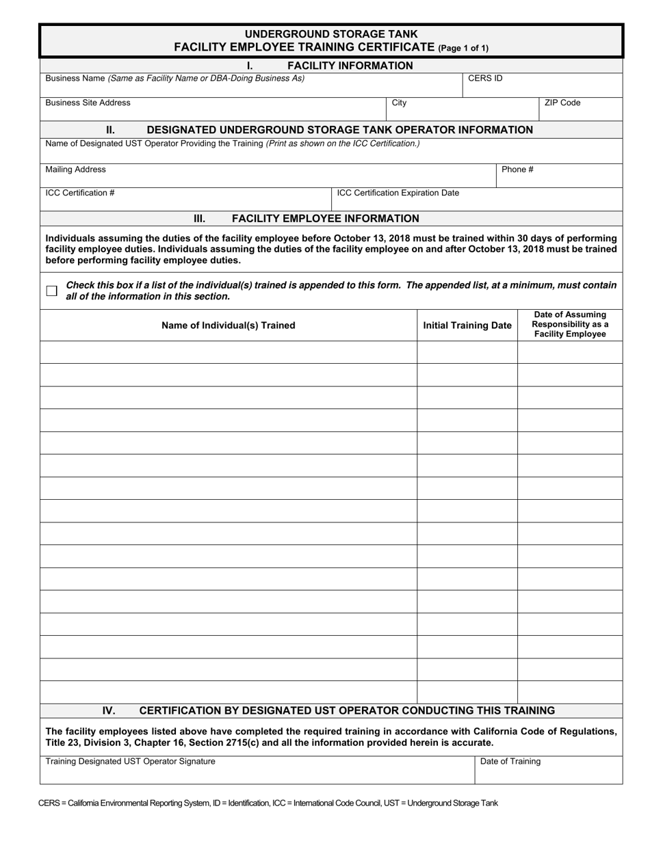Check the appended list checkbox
pos(51,291)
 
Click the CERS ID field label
pos(485,79)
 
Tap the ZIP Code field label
pos(562,103)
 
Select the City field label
pos(399,103)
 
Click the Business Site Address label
pos(88,103)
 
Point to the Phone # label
pos(517,170)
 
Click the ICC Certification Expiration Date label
pos(398,193)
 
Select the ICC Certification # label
pos(80,193)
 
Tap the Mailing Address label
pos(75,170)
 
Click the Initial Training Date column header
pos(467,325)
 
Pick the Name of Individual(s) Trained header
pos(229,325)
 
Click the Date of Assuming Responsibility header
pos(570,325)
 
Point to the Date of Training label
pos(510,762)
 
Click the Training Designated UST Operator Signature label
pos(130,762)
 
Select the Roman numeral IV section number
pos(109,710)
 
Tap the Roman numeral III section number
pos(199,219)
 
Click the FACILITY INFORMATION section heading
pos(350,66)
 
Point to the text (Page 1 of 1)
pos(463,49)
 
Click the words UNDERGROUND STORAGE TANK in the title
pos(331,34)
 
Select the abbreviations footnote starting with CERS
pos(268,803)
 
